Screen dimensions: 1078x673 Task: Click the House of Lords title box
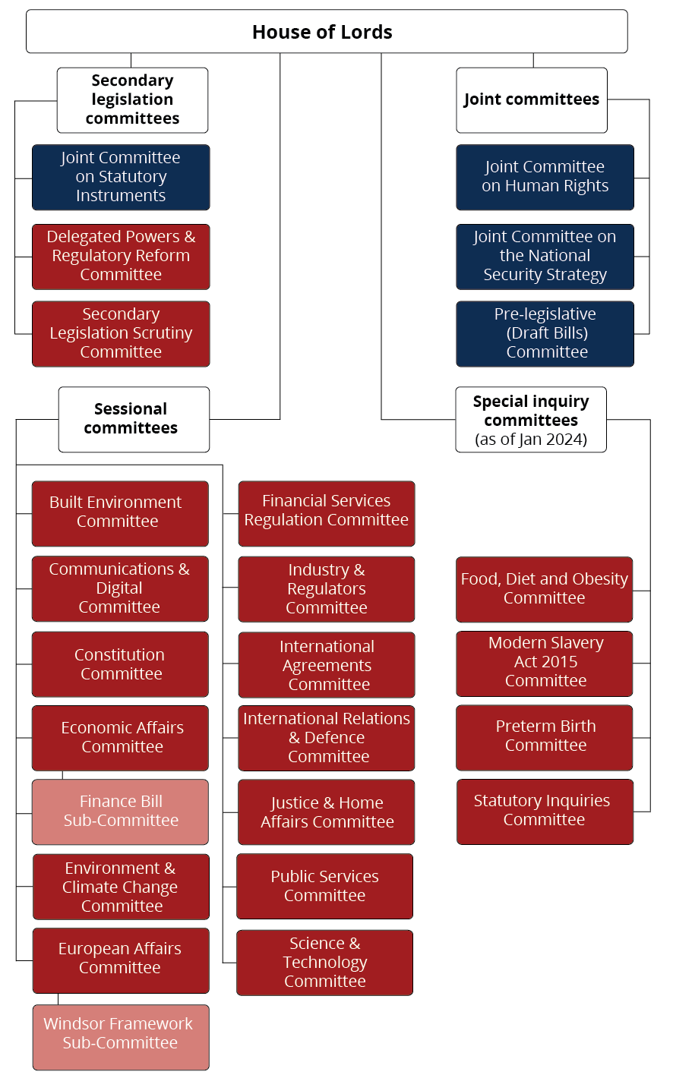coord(327,32)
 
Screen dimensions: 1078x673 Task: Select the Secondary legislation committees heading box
coord(132,100)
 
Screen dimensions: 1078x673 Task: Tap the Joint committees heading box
coord(532,100)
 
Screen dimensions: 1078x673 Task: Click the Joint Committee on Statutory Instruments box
coord(121,177)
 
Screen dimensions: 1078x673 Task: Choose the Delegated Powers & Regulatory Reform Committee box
coord(121,256)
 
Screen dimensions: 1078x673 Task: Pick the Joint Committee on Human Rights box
coord(545,177)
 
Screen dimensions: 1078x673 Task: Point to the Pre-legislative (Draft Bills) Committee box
coord(545,333)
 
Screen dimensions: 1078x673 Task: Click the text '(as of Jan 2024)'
coord(531,440)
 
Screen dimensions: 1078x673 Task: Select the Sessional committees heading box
coord(134,419)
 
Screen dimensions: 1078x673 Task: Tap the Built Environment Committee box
coord(120,513)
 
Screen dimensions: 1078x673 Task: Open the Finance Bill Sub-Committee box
coord(120,812)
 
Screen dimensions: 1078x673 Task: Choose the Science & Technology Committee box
coord(324,963)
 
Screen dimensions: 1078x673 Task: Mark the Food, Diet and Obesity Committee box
coord(544,589)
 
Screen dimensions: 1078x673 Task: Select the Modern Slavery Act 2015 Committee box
coord(544,663)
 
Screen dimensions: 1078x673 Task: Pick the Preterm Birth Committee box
coord(544,737)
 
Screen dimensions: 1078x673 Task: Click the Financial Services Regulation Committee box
coord(327,513)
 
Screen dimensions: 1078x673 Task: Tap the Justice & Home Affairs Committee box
coord(327,812)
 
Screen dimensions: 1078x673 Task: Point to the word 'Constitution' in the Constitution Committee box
coord(119,654)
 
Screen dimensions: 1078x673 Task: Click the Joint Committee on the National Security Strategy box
coord(545,256)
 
